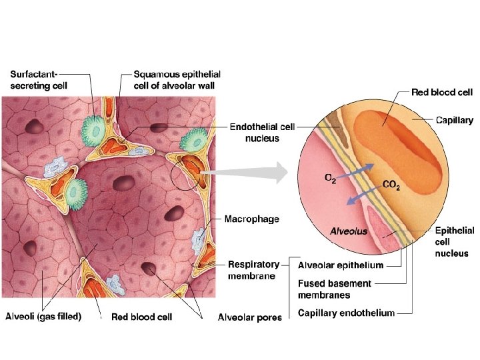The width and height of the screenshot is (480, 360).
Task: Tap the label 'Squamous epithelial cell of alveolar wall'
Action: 177,79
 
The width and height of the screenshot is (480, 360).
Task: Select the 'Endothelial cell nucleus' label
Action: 263,132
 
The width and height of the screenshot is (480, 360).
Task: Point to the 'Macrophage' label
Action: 251,218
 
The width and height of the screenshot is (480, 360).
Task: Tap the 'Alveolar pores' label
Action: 249,317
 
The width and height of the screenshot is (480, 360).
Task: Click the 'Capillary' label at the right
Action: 454,121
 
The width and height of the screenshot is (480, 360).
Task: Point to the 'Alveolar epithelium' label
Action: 340,265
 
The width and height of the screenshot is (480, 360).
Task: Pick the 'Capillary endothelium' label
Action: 346,313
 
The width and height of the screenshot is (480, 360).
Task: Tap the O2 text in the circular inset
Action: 329,177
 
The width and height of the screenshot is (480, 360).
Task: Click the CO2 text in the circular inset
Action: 391,185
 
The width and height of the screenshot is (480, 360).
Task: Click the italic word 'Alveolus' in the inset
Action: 349,231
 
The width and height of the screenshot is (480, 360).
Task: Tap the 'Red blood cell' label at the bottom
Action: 141,317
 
